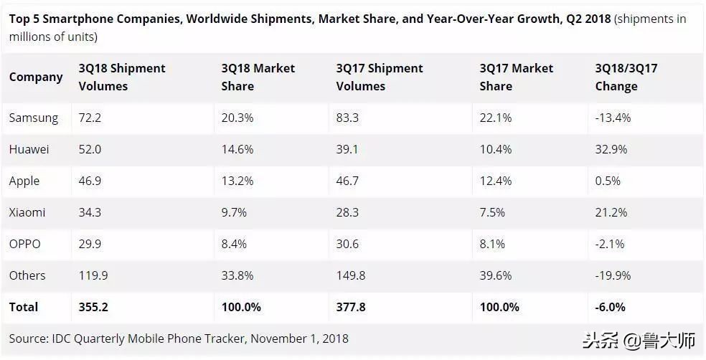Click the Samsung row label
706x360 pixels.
point(34,118)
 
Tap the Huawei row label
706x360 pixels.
point(29,149)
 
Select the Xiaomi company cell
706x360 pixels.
point(27,212)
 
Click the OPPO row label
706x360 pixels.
point(25,244)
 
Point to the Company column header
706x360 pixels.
point(36,77)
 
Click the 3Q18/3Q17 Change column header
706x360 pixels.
point(626,77)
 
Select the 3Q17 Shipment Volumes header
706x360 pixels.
point(380,77)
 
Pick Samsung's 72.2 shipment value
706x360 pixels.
point(90,118)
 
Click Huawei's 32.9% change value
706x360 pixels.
point(611,149)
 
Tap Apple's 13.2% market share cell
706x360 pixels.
point(237,181)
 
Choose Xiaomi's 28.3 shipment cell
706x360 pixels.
point(348,212)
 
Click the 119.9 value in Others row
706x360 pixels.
point(94,275)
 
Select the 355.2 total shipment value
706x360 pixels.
point(94,307)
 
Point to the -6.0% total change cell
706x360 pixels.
point(611,307)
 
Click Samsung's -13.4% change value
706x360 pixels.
point(613,118)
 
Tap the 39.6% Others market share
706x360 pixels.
point(496,275)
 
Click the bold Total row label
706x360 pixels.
point(24,307)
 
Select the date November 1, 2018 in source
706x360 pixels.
point(299,338)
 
